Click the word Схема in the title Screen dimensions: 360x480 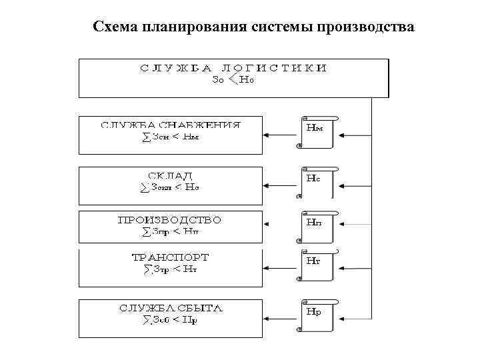115,27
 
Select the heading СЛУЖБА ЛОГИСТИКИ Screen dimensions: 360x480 233,68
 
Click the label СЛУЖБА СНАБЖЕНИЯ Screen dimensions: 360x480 171,125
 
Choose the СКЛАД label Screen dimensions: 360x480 171,175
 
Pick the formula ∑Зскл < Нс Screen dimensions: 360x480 171,187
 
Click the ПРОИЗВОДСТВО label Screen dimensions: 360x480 169,219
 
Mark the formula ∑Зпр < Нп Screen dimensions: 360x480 171,231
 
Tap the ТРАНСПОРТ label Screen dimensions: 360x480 171,257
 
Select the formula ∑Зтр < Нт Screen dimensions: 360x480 171,269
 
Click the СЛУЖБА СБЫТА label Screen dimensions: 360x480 171,308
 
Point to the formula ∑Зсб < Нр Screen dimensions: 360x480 171,320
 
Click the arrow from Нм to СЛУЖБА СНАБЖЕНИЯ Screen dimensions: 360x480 278,134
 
